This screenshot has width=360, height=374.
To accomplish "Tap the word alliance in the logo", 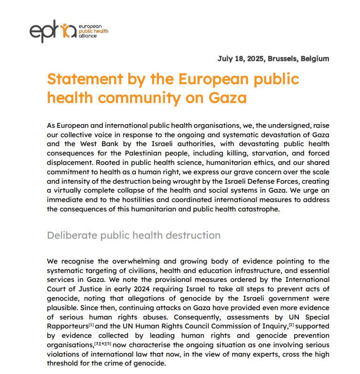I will coord(88,36).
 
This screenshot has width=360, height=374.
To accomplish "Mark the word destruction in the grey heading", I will coord(193,235).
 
